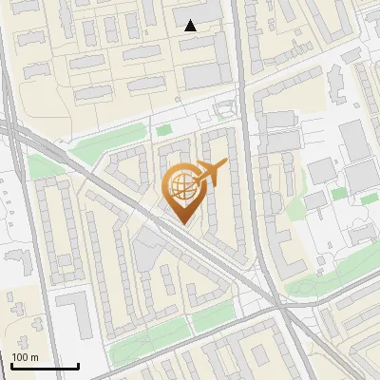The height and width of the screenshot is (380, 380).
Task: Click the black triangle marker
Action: tap(191, 26)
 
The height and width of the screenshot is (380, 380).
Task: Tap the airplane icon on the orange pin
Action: tap(210, 174)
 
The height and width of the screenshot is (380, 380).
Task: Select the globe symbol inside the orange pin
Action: tap(180, 185)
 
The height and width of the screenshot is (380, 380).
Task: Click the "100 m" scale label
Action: tap(25, 357)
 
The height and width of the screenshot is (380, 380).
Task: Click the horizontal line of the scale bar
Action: tap(45, 366)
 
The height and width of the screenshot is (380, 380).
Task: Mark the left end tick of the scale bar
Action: tap(11, 364)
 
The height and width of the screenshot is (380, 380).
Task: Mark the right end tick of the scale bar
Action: tap(78, 364)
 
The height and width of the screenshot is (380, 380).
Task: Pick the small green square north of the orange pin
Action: tap(164, 130)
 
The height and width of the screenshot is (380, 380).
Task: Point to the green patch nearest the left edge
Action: tap(40, 167)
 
